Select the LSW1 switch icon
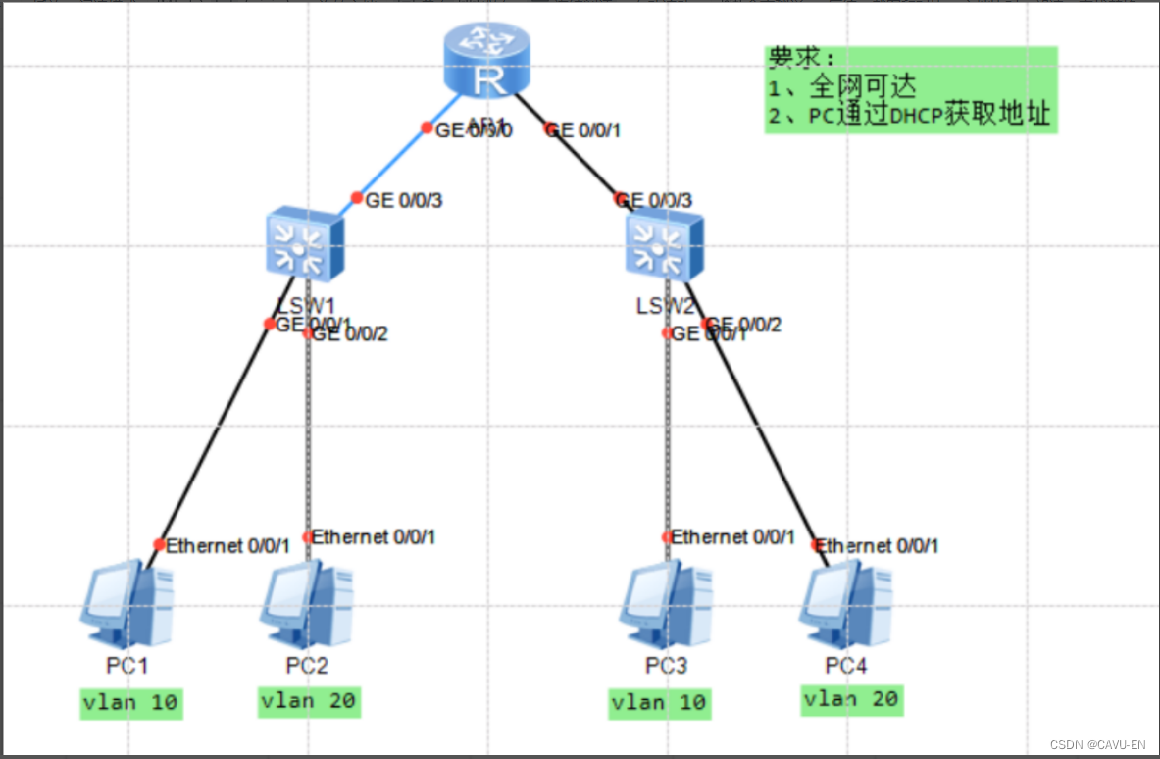[305, 244]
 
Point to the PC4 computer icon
[845, 599]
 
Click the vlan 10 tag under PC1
[131, 703]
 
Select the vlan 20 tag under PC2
[309, 701]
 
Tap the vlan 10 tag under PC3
[659, 703]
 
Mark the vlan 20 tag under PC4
[850, 699]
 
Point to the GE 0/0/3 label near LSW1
[404, 201]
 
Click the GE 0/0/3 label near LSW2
[658, 201]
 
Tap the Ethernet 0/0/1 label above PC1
[227, 546]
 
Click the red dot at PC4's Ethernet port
[817, 545]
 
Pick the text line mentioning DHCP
[910, 116]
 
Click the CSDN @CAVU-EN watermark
[1097, 745]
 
